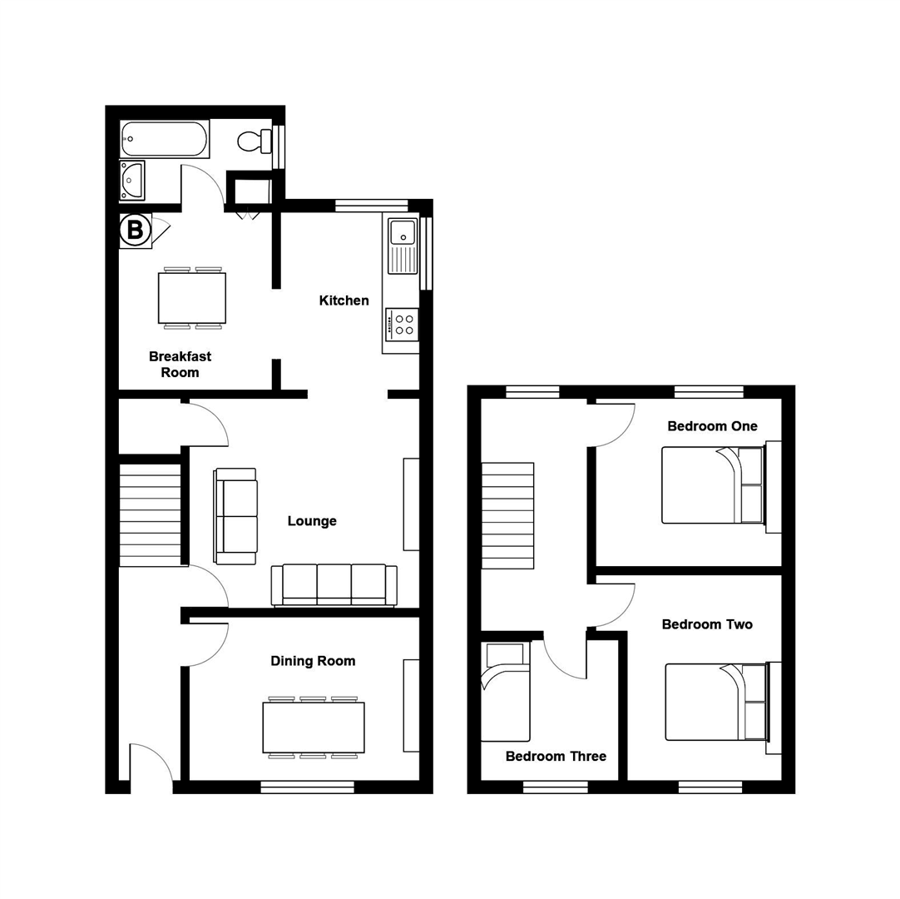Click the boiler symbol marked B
(x=133, y=231)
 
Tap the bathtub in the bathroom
(x=164, y=139)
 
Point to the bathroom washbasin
(x=131, y=181)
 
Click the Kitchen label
(x=344, y=300)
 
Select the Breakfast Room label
(x=180, y=365)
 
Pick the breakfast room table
(x=192, y=298)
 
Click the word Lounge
(x=312, y=521)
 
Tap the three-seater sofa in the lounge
(x=334, y=584)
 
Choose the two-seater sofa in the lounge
(x=236, y=515)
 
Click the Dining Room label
(x=313, y=661)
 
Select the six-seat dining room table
(x=314, y=728)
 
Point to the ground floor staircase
(x=151, y=514)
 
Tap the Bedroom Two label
(x=707, y=624)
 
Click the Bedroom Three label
(x=556, y=757)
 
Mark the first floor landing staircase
(x=507, y=516)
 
